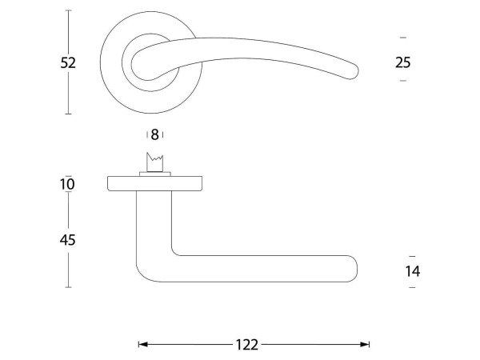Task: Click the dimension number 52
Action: click(x=68, y=62)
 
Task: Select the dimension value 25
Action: click(x=403, y=62)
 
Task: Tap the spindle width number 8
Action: click(x=155, y=134)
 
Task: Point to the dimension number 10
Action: click(x=67, y=184)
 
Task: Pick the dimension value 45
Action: click(x=68, y=240)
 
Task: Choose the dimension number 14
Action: click(x=413, y=271)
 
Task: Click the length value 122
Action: click(x=247, y=345)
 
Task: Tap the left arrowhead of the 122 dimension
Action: click(x=143, y=345)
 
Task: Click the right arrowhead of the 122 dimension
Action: click(x=365, y=345)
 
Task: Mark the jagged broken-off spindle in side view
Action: click(x=155, y=162)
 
